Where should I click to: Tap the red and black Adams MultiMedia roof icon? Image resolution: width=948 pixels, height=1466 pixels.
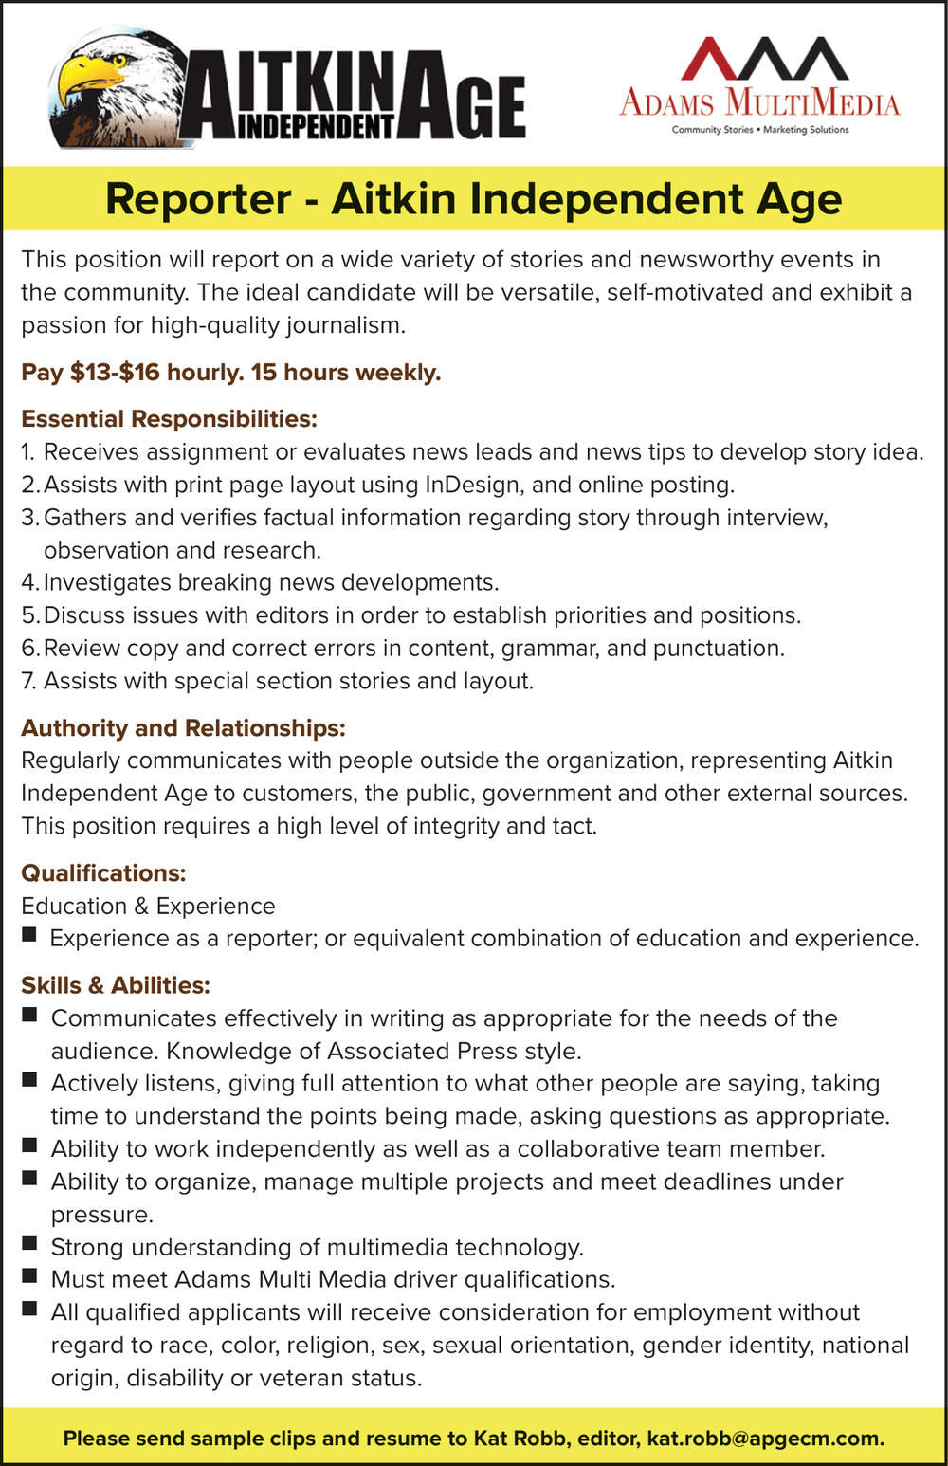click(763, 59)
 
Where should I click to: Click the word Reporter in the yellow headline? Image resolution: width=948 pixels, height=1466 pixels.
click(198, 199)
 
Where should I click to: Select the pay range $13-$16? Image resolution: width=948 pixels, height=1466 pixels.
click(115, 372)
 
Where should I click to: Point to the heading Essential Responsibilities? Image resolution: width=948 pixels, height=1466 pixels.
click(169, 418)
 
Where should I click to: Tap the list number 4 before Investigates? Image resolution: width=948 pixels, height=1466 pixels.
click(29, 582)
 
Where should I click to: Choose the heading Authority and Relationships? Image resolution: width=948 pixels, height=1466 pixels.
click(183, 727)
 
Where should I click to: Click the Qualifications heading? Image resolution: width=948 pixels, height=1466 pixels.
click(103, 872)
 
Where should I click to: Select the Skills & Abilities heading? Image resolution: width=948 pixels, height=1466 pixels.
click(115, 985)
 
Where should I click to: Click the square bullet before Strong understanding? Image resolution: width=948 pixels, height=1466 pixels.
click(29, 1243)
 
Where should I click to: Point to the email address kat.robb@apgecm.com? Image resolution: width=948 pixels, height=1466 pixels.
click(765, 1439)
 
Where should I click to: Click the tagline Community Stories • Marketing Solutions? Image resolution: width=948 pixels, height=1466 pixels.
click(760, 130)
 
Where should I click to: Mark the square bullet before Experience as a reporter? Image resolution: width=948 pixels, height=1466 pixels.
click(29, 935)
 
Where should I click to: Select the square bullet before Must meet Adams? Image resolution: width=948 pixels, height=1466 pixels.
click(29, 1276)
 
